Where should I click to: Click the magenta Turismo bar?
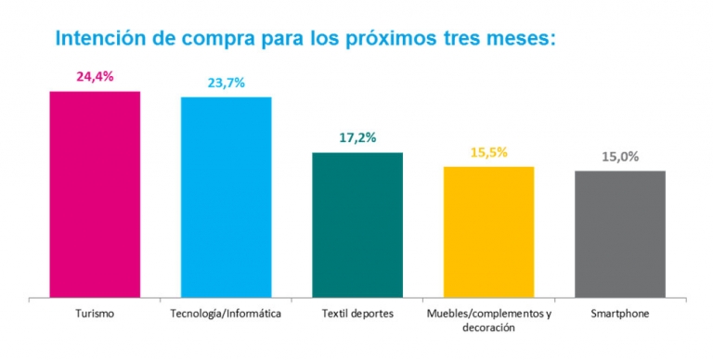coord(95,194)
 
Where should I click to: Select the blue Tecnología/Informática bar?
coord(226,197)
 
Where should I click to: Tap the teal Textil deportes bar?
coord(357,225)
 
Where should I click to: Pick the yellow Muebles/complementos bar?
coord(489,232)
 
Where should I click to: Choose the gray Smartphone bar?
coord(620,234)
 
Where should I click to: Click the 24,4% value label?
coord(95,77)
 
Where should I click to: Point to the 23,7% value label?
coord(226,83)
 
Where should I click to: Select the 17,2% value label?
coord(357,137)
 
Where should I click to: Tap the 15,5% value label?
coord(489,152)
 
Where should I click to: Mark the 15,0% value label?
coord(620,157)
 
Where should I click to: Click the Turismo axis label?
coord(95,314)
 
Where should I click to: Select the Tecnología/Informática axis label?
coord(226,314)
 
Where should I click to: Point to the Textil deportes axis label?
coord(357,314)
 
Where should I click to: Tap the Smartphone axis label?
coord(620,314)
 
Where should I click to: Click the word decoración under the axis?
coord(488,328)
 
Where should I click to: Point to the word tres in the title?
coord(465,40)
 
